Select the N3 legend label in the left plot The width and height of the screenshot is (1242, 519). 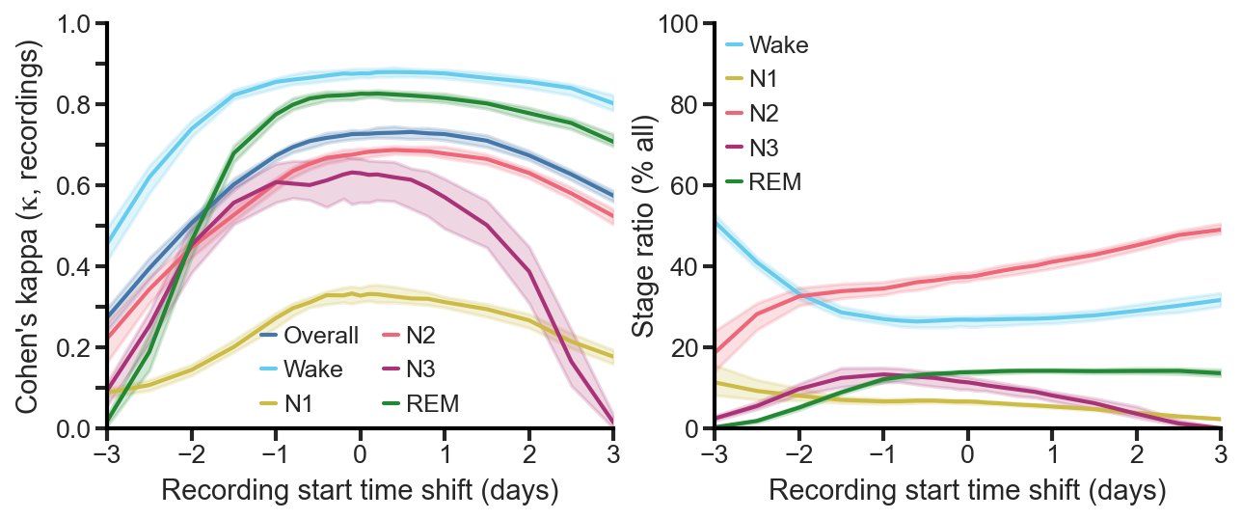point(421,370)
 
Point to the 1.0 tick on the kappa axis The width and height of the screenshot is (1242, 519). point(77,24)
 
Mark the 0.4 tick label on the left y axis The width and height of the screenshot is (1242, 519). point(77,267)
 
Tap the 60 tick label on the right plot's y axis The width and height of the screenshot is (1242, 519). point(685,186)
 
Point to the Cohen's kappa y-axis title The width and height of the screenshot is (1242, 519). point(31,226)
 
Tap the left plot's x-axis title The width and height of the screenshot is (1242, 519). point(360,491)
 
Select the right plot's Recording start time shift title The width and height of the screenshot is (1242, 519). point(967,491)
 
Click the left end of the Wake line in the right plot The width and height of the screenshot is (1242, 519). point(715,221)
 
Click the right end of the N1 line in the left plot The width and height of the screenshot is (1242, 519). point(613,357)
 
